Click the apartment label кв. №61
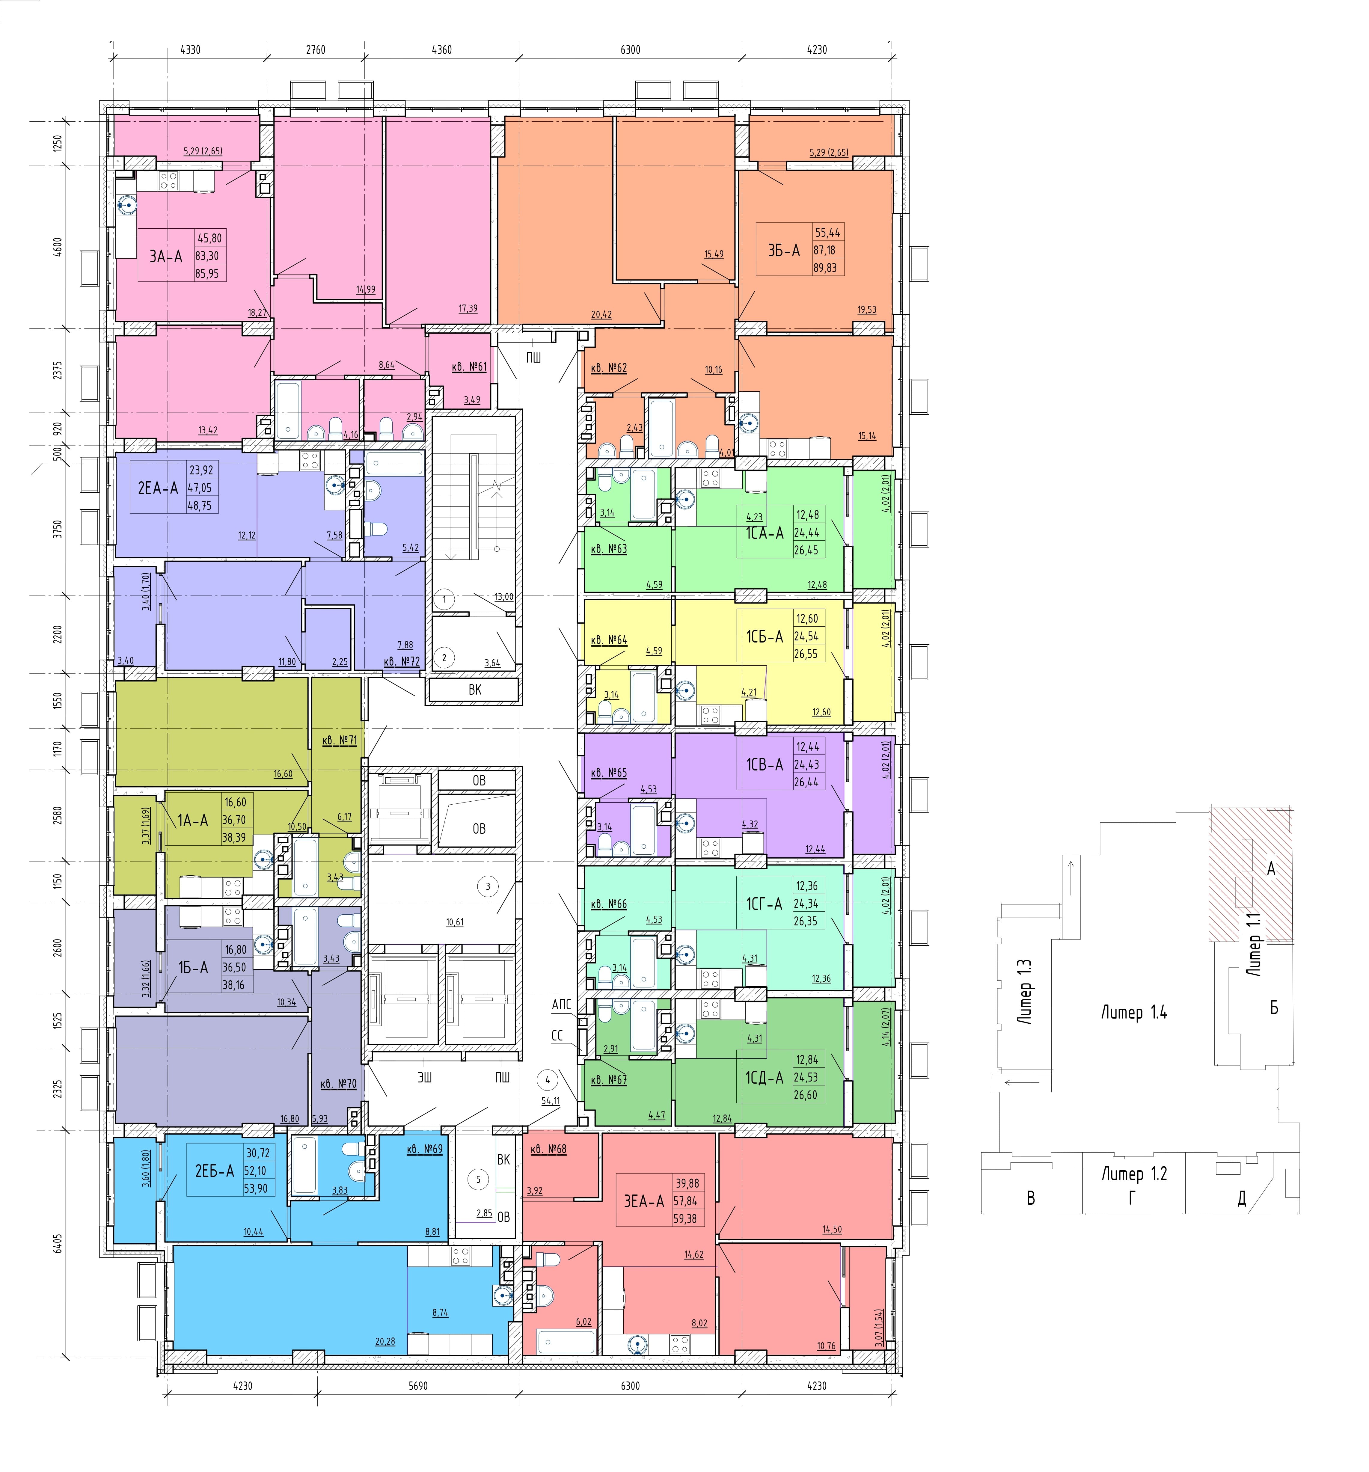[x=469, y=367]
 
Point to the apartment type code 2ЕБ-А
[x=214, y=1171]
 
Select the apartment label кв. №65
[x=609, y=773]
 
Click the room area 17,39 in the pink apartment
[x=468, y=309]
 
